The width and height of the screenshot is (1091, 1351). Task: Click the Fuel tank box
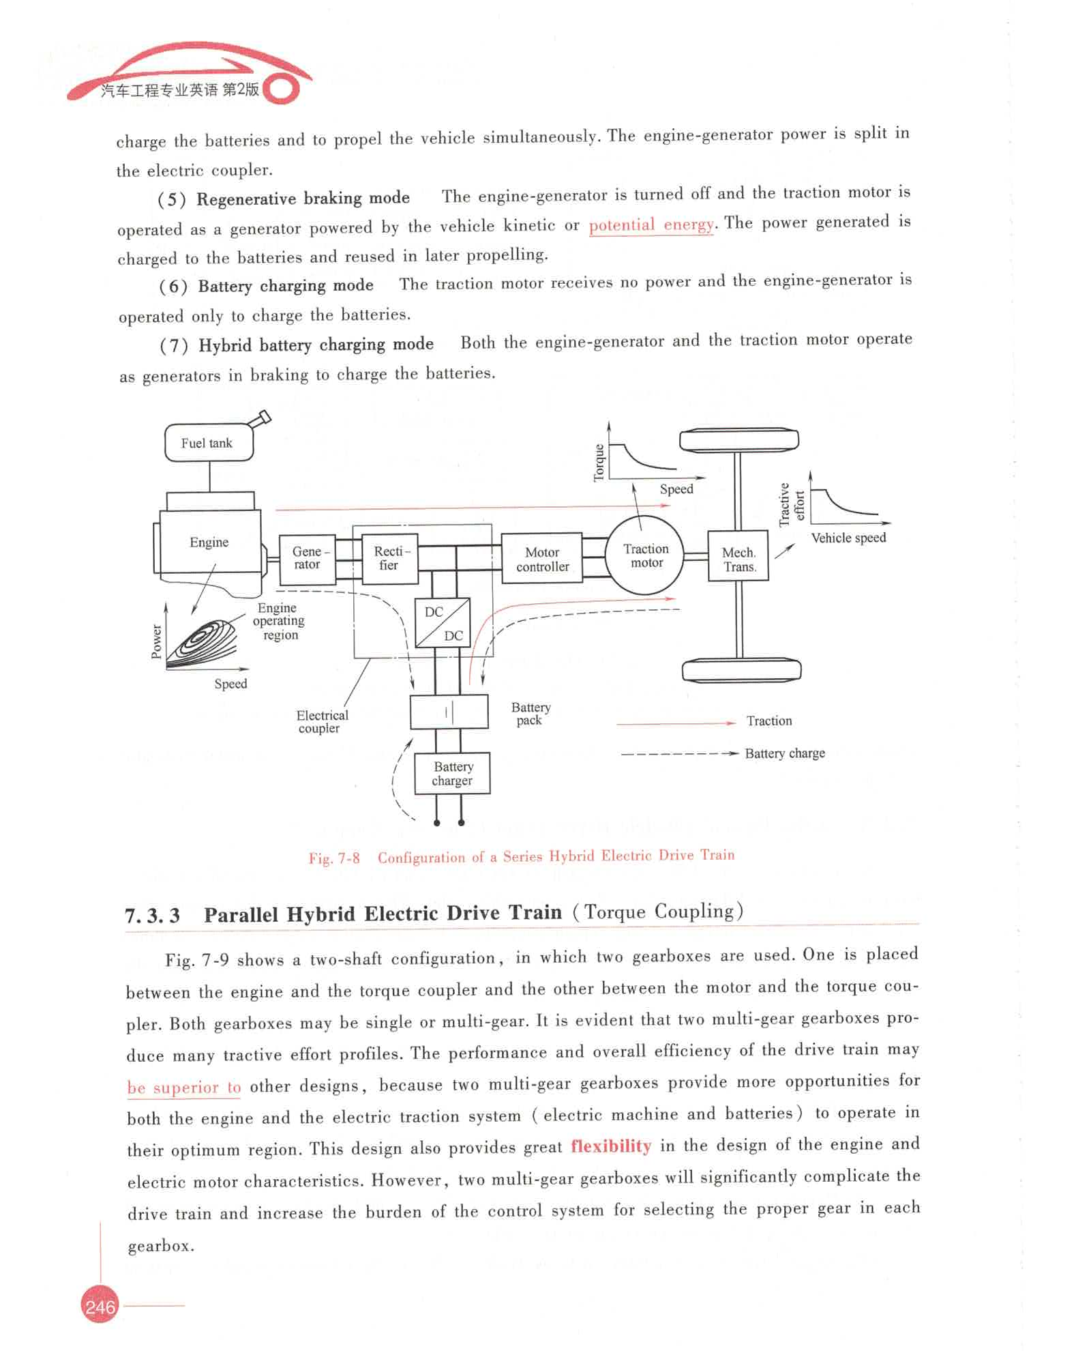209,443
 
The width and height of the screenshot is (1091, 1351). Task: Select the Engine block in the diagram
209,542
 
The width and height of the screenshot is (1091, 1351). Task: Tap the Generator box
308,559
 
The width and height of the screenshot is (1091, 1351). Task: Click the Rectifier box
389,558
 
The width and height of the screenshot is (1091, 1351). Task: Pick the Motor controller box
542,559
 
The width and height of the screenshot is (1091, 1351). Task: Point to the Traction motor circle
645,555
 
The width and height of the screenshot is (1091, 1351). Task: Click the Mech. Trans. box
738,559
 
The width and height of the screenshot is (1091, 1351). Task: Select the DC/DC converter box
443,623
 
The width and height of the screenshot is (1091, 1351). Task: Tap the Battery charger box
452,774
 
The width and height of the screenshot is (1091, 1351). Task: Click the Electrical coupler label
321,721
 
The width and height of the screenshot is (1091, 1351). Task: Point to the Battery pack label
530,714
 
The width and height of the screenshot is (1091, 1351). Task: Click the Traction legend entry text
769,721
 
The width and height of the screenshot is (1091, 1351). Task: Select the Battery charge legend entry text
785,753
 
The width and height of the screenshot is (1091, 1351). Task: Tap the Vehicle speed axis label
848,538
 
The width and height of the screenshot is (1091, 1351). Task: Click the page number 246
100,1307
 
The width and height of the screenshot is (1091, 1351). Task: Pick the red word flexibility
611,1146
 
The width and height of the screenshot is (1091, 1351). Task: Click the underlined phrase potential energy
651,224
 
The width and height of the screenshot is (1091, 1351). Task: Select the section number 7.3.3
152,915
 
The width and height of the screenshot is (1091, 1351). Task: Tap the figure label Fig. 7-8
333,858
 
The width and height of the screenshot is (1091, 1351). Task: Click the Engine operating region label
279,621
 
